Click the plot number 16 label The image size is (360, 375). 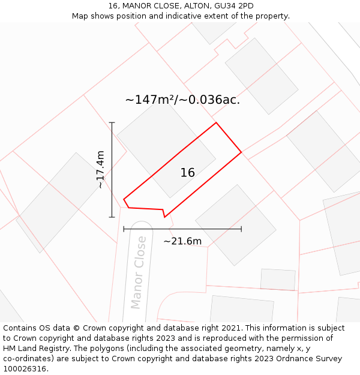[x=188, y=173]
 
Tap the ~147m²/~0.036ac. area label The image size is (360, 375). [x=182, y=100]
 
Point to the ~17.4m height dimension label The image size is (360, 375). [x=100, y=170]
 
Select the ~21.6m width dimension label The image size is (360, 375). [x=182, y=241]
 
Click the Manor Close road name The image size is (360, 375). [x=138, y=272]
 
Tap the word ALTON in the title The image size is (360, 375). [x=197, y=6]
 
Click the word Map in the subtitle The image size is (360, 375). [x=80, y=16]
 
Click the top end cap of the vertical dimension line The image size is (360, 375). [x=112, y=122]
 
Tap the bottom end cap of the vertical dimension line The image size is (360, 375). [x=112, y=217]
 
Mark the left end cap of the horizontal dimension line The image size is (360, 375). [x=124, y=229]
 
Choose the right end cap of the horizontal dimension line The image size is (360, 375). [x=241, y=229]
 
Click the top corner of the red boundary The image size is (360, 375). [x=216, y=123]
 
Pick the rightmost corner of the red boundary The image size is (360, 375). [x=241, y=152]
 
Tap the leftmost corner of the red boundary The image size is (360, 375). [x=124, y=199]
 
